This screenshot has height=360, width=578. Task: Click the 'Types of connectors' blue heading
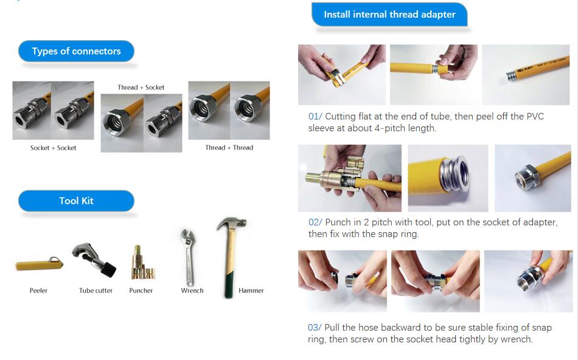click(x=76, y=51)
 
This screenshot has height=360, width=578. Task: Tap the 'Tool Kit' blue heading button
click(x=76, y=201)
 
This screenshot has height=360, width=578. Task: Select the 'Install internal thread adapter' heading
click(x=389, y=15)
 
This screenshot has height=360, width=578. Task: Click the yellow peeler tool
click(x=39, y=264)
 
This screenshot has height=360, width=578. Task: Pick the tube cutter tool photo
click(x=94, y=260)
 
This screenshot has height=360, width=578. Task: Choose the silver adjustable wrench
click(x=188, y=257)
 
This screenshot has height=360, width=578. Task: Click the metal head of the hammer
click(x=231, y=224)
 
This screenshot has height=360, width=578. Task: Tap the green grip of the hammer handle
click(x=229, y=284)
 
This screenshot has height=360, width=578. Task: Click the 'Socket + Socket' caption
click(x=53, y=148)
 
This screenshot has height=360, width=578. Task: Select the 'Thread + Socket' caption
click(x=141, y=88)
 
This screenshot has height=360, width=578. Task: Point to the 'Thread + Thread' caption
click(x=229, y=147)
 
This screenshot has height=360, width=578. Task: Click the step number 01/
click(x=315, y=116)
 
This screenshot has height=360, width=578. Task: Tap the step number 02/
click(x=315, y=222)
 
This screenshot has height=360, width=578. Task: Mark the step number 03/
click(x=315, y=328)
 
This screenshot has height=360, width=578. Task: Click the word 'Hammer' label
click(x=251, y=290)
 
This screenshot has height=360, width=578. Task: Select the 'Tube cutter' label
click(x=96, y=290)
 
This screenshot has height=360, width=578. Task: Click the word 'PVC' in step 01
click(x=535, y=116)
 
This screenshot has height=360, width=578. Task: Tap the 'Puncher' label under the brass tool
click(x=141, y=290)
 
